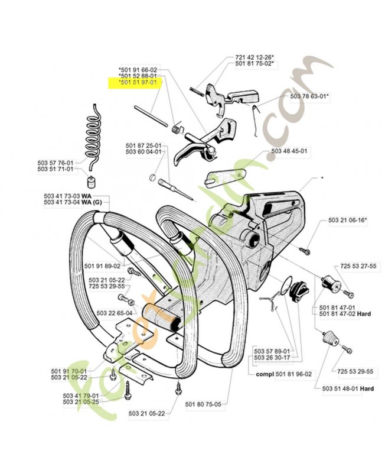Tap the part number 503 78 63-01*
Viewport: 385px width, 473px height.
309,95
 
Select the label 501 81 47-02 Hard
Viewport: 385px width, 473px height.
345,314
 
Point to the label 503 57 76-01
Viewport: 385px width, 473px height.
55,162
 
